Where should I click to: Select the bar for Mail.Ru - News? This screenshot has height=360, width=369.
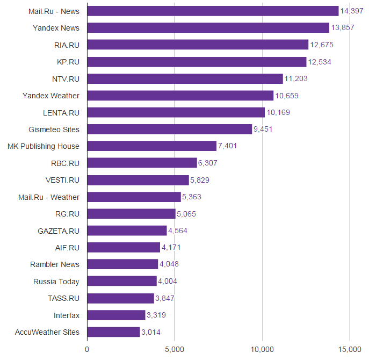[x=213, y=11]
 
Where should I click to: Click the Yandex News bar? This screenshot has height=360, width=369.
[x=208, y=28]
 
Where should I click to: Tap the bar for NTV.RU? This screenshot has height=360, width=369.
[x=185, y=79]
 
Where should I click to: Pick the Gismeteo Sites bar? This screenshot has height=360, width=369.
[x=169, y=129]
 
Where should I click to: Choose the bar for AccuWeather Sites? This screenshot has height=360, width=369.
[x=113, y=332]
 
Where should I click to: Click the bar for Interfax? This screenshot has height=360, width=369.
[x=116, y=315]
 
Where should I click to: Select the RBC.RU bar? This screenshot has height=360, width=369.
[x=142, y=163]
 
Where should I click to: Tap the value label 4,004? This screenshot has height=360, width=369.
[x=168, y=282]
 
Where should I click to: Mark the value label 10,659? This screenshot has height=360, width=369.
[x=287, y=96]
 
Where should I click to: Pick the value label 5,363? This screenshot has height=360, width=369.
[x=192, y=197]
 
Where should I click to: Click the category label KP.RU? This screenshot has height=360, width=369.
[x=68, y=62]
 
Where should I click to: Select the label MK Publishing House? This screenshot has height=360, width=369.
[x=44, y=146]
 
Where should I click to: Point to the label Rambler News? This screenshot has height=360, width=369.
[x=55, y=264]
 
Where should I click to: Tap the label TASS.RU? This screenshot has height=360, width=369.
[x=64, y=298]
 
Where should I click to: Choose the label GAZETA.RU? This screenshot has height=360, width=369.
[x=59, y=231]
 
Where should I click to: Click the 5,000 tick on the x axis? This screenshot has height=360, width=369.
[x=175, y=350]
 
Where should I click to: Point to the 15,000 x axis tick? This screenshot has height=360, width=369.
[x=350, y=350]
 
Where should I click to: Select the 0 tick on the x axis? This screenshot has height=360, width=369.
[x=87, y=350]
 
